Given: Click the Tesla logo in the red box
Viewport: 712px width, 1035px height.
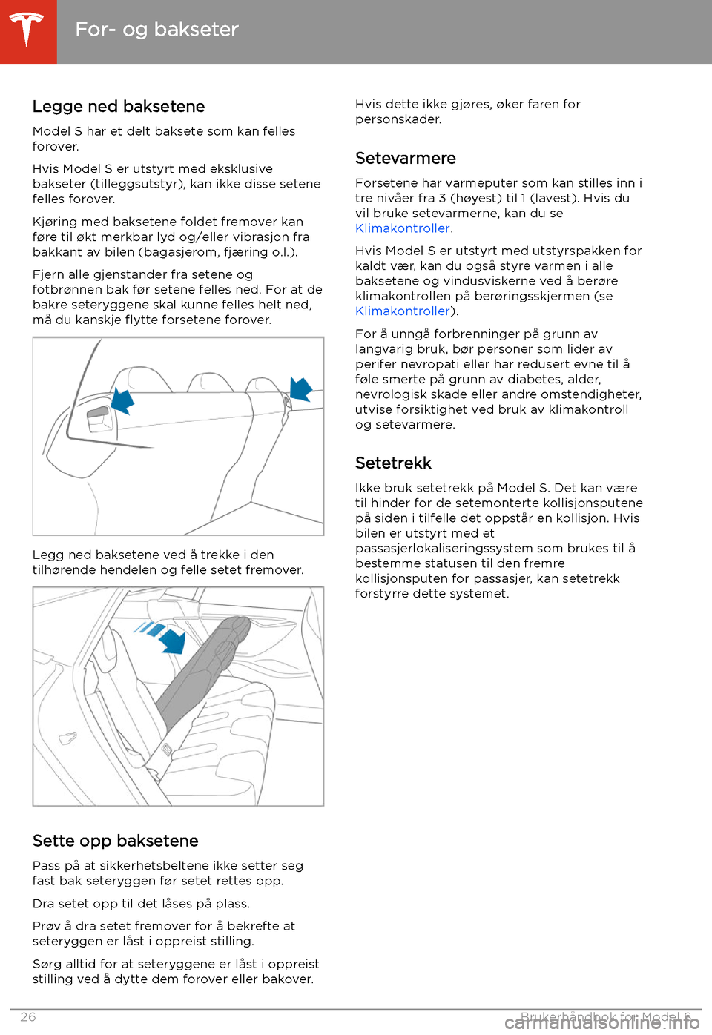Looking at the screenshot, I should pos(27,30).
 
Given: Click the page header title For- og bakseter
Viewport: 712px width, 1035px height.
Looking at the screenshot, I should pos(156,30).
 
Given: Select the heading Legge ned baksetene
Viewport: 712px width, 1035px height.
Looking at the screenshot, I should pos(119,107).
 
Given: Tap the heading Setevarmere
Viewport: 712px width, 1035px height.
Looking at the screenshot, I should pos(405,159).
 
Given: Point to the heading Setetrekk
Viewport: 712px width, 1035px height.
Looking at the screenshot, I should pos(393,463).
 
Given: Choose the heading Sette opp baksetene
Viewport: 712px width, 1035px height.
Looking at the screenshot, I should pos(115,841).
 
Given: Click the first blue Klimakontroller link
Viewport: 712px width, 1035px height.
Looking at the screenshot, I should pos(403,228).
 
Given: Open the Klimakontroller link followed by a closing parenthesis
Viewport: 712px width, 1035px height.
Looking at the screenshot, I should pos(403,311).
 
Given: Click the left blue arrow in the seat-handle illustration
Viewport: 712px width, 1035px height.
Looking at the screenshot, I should pos(122,401).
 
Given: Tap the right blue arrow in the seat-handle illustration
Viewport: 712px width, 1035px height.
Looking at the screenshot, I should pos(301,388).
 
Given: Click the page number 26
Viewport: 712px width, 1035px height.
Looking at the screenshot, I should pos(28,1017).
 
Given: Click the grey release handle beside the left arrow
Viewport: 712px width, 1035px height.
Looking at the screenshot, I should pos(99,418).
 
